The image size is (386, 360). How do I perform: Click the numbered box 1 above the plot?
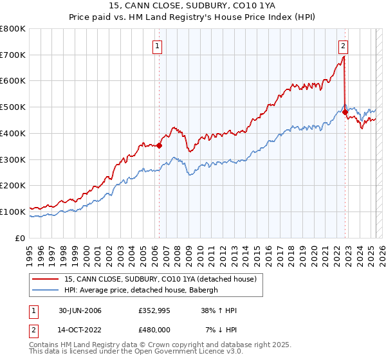click(x=158, y=46)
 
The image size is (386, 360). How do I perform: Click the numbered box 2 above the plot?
click(x=344, y=46)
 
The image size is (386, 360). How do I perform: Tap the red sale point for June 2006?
click(x=159, y=145)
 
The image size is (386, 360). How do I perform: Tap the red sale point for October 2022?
click(x=345, y=112)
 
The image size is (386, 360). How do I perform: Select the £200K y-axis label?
click(x=14, y=185)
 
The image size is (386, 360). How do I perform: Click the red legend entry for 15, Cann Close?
click(x=160, y=279)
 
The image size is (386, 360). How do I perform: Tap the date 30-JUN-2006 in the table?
click(x=79, y=310)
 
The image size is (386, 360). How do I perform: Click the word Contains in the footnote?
click(x=44, y=345)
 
